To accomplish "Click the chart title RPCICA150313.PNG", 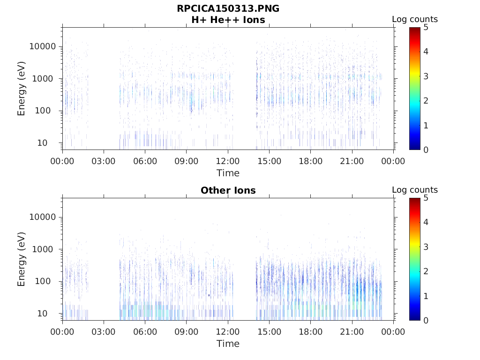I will (x=228, y=8).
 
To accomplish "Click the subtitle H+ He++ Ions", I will (x=228, y=20).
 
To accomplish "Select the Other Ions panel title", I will (x=228, y=190).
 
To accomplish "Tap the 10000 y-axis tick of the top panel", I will (x=43, y=46).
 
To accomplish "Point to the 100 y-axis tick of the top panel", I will (x=49, y=111).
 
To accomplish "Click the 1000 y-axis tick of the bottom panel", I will (x=46, y=249).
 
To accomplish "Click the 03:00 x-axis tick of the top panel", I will (x=104, y=161).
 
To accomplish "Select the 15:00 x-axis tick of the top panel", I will (x=269, y=161).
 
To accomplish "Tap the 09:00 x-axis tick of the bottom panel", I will (x=187, y=332).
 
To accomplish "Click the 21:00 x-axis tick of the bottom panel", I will (x=352, y=332).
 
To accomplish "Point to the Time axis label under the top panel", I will (x=228, y=173).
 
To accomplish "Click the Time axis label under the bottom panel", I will (x=228, y=344).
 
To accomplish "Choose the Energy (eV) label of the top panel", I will (x=22, y=88).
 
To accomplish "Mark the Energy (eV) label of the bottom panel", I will (x=22, y=259).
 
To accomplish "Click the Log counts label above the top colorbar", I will (x=415, y=19).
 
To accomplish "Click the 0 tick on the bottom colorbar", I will (x=426, y=320).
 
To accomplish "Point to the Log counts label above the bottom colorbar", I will (x=415, y=190).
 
